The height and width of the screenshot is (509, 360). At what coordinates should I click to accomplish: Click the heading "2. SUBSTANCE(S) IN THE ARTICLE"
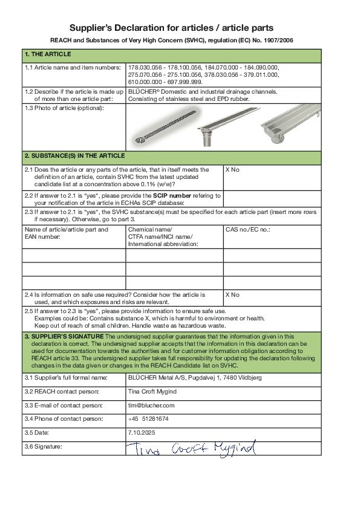click(74, 156)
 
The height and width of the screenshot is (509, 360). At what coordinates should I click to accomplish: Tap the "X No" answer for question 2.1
click(232, 170)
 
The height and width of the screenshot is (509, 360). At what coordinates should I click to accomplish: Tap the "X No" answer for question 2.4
click(232, 295)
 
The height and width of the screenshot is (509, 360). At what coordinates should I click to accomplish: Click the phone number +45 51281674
click(148, 419)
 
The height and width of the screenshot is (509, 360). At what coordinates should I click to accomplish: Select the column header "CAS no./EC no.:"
click(247, 230)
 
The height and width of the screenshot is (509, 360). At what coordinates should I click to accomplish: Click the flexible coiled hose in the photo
click(163, 129)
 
